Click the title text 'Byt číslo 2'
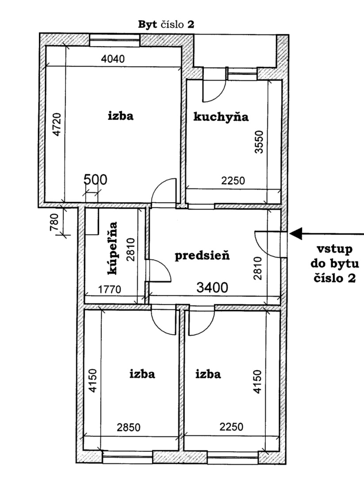point(166,24)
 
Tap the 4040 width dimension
point(113,59)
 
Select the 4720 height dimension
point(57,124)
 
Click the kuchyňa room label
point(221,117)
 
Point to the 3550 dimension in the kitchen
point(259,142)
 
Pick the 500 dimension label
point(96,180)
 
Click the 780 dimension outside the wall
point(54,223)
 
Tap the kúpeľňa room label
point(112,248)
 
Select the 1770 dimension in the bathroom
point(110,289)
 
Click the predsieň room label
point(202,256)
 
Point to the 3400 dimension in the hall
point(212,288)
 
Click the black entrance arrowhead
point(296,234)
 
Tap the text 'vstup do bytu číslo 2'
point(335,264)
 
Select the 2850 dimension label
point(129,427)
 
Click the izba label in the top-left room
point(121,116)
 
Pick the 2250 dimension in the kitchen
point(233,181)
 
